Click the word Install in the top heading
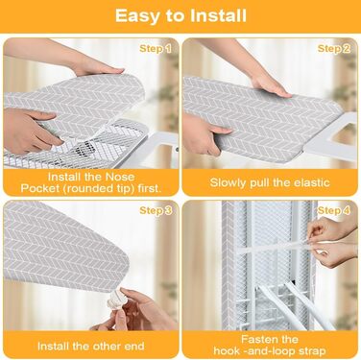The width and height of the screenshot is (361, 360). (x=219, y=15)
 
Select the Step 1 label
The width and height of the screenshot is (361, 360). (x=156, y=49)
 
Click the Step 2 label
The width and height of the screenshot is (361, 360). (x=334, y=49)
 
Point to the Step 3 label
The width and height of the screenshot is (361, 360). (x=156, y=210)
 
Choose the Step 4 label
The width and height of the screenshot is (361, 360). (x=334, y=210)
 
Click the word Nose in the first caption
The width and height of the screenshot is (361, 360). (x=120, y=177)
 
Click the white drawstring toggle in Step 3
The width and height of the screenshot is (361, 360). (x=114, y=300)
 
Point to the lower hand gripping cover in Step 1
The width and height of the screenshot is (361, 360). (x=29, y=132)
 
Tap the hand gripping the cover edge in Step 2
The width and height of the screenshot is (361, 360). (x=205, y=134)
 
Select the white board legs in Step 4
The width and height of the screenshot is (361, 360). (x=288, y=304)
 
